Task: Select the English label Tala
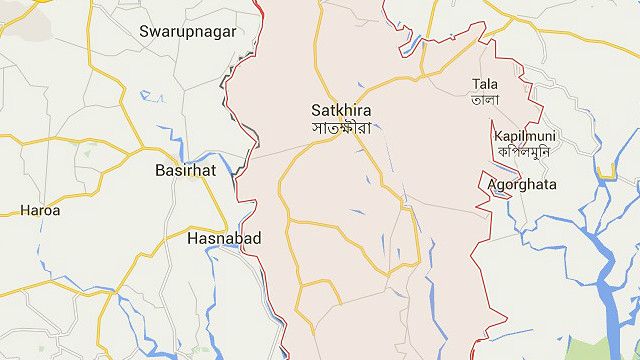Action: pyautogui.click(x=485, y=84)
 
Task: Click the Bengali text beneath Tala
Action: pyautogui.click(x=485, y=99)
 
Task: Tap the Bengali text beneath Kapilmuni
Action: pyautogui.click(x=524, y=151)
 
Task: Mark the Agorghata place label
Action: pyautogui.click(x=522, y=185)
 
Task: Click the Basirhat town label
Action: pyautogui.click(x=187, y=171)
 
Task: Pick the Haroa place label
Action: pyautogui.click(x=40, y=211)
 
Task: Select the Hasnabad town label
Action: pyautogui.click(x=224, y=239)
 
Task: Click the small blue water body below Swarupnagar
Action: pyautogui.click(x=152, y=97)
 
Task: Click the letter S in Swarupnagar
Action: pyautogui.click(x=145, y=32)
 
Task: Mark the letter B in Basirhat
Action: pyautogui.click(x=160, y=171)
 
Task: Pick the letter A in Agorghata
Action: pyautogui.click(x=492, y=185)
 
